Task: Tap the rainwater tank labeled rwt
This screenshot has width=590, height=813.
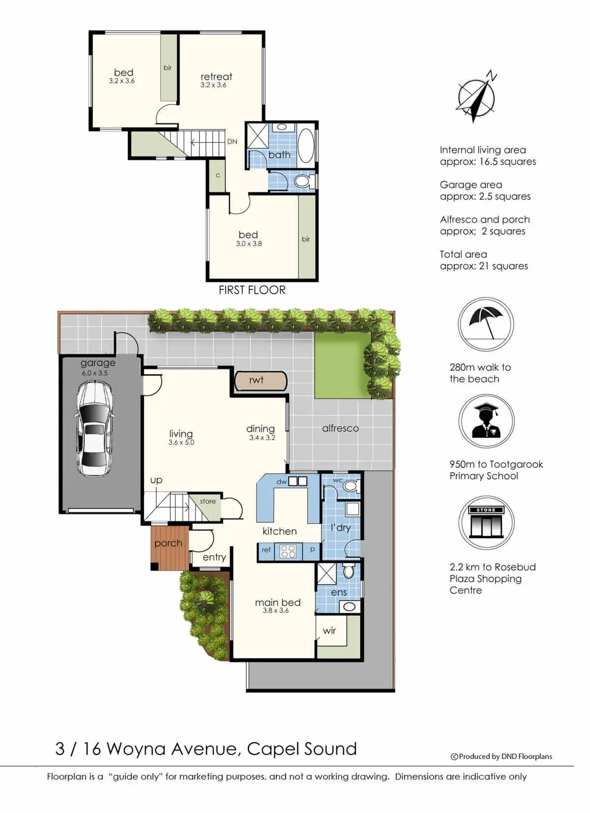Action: point(261,381)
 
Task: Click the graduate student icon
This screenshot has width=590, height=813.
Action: point(486,421)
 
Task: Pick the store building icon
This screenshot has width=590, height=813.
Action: point(486,523)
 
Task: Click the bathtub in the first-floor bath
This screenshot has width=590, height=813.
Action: point(306,145)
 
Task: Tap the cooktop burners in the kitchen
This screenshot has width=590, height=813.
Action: point(288,551)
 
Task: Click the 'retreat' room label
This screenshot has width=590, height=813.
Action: point(216,76)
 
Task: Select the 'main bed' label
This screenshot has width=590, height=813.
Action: point(278,603)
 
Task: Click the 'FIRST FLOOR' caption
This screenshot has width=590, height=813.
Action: point(252,290)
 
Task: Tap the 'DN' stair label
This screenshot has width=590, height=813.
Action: point(232,141)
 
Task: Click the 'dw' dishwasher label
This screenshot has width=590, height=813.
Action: point(281,482)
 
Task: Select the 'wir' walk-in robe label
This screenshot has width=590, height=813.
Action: point(329,631)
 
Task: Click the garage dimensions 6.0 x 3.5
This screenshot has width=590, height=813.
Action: point(95,373)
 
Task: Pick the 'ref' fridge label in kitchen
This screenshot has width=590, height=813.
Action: point(266,549)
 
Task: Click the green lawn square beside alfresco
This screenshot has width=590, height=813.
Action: point(342,365)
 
